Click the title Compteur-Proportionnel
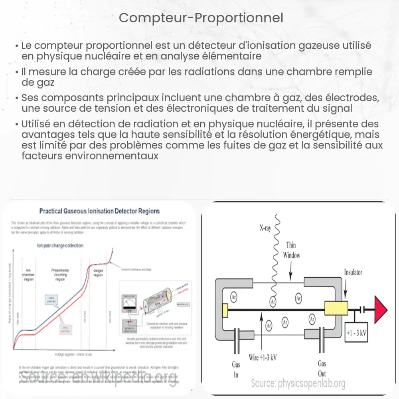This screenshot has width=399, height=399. coord(201,18)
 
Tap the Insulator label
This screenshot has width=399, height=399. coord(353,272)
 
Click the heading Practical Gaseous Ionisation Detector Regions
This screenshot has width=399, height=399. coord(99,211)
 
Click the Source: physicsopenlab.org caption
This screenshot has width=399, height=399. coord(298,384)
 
